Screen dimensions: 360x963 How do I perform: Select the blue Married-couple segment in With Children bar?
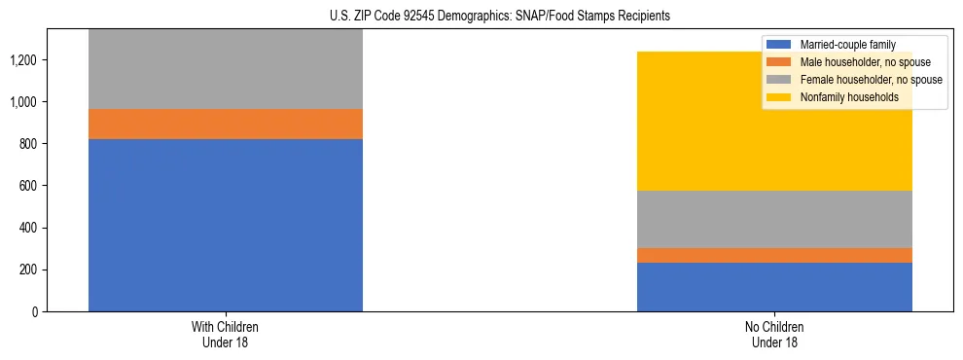tap(226, 225)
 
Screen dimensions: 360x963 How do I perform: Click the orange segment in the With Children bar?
tap(226, 124)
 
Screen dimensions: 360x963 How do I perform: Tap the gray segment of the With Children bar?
tap(226, 68)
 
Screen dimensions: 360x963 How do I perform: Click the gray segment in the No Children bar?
tap(774, 219)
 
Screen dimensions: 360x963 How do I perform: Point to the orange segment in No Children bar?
tap(774, 255)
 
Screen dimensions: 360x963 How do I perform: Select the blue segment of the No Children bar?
tap(774, 287)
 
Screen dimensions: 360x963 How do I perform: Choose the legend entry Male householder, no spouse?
tap(865, 62)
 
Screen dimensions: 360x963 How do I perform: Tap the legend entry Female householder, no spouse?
tap(870, 80)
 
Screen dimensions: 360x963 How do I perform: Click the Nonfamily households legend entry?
tap(849, 97)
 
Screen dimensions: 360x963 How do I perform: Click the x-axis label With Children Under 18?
tap(226, 334)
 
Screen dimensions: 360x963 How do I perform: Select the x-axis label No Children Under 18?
tap(774, 334)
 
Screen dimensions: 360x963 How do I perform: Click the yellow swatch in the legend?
tap(779, 97)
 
